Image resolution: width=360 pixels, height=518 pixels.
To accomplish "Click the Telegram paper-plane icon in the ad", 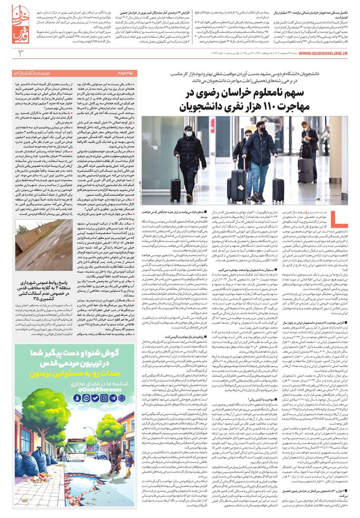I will point(113,398).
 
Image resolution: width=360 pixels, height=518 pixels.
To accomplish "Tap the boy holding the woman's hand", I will point(129,463).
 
